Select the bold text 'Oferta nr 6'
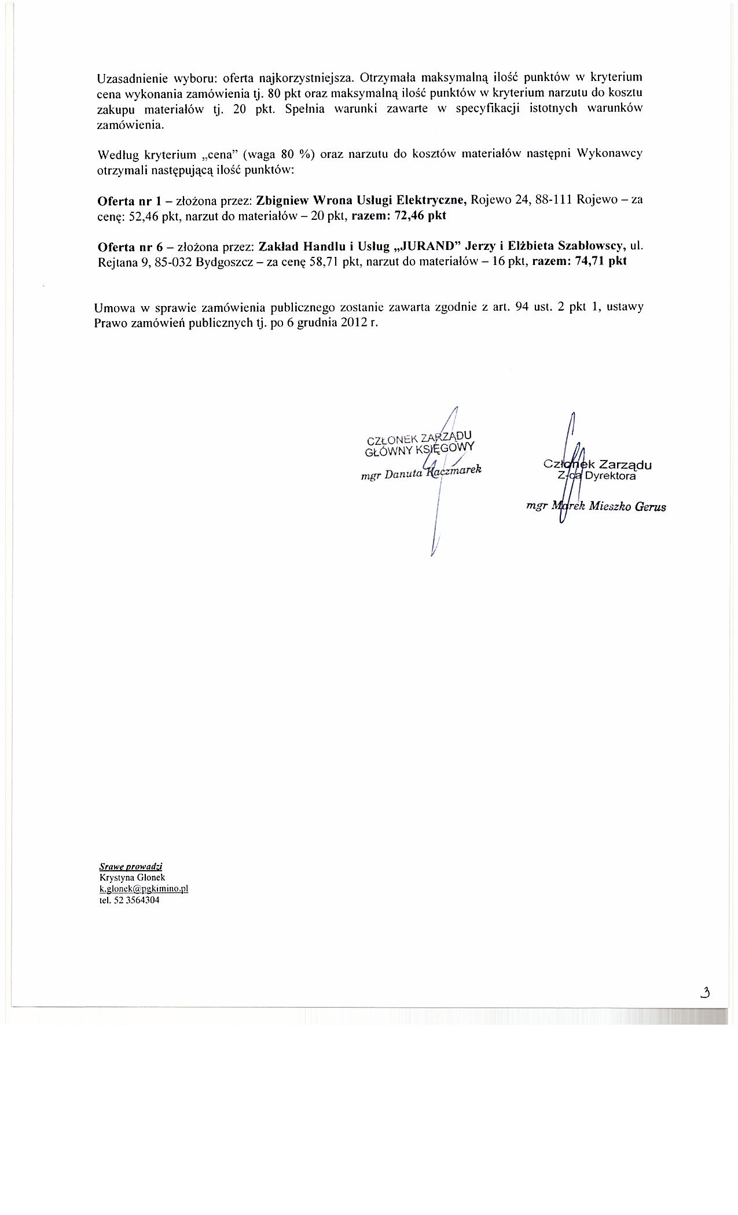coord(123,246)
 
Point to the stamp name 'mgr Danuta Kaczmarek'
coord(421,473)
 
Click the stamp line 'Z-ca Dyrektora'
coord(596,476)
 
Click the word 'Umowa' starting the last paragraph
coord(113,308)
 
